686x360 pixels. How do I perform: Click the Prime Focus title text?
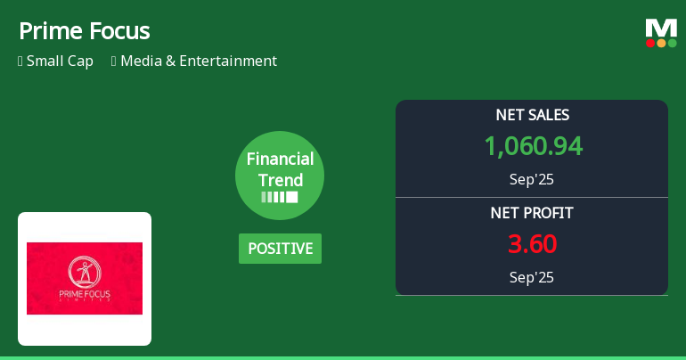[x=84, y=31]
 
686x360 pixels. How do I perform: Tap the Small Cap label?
[x=60, y=61]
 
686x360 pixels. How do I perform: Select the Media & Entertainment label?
[x=199, y=61]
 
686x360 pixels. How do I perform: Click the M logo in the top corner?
[x=661, y=28]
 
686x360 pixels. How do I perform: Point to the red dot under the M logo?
[x=650, y=43]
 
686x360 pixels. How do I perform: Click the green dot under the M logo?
[x=672, y=43]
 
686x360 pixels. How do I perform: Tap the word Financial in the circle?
[x=280, y=160]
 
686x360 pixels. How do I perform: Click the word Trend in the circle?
[x=280, y=180]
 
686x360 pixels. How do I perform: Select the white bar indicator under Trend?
[x=280, y=197]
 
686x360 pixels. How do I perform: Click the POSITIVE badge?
[x=280, y=249]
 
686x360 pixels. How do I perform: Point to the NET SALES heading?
[x=532, y=115]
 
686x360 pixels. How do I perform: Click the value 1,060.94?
[x=533, y=145]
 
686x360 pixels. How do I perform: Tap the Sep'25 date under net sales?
[x=532, y=179]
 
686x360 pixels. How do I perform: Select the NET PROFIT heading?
[x=532, y=213]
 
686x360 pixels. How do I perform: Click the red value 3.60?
[x=533, y=243]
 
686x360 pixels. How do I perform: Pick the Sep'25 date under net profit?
[x=532, y=277]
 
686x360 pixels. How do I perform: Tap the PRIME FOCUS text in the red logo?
[x=85, y=294]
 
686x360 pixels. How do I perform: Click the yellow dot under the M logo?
[x=661, y=43]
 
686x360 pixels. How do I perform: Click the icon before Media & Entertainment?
[x=114, y=61]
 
